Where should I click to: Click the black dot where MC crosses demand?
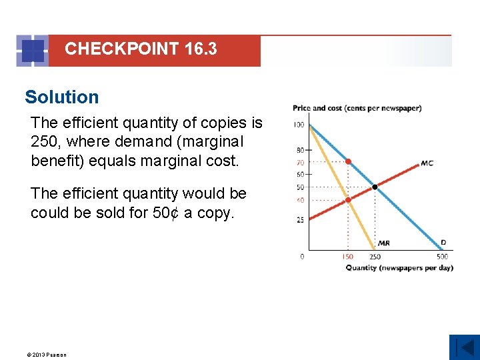tap(375, 187)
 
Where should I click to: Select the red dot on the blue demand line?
tap(347, 161)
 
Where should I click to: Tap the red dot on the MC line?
tap(347, 200)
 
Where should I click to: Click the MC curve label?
tap(427, 163)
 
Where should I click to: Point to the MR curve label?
tap(383, 243)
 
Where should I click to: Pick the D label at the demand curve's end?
tap(443, 243)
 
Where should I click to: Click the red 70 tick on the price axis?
tap(300, 162)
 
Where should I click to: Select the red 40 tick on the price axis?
tap(300, 200)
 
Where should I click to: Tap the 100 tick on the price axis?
tap(298, 125)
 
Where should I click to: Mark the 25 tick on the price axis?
tap(300, 219)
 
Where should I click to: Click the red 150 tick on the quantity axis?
tap(347, 257)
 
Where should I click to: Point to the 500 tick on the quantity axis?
tap(442, 257)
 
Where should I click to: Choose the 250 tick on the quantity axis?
tap(375, 257)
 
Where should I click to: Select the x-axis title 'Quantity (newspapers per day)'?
tap(399, 268)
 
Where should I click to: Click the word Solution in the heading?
tap(61, 97)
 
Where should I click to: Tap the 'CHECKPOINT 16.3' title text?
tap(141, 49)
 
